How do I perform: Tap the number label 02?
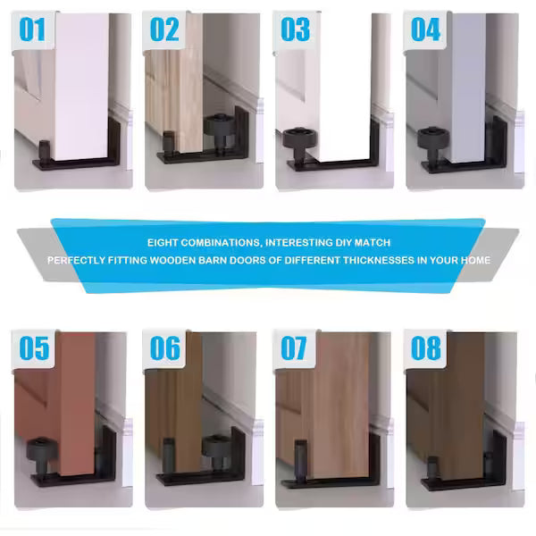coord(163,29)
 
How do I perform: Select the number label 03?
coord(294,29)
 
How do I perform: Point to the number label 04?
coord(425,29)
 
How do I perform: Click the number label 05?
coord(33,348)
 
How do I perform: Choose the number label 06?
coord(164,348)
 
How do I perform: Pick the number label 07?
coord(294,348)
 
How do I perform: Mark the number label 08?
coord(425,348)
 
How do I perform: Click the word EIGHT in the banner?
coord(165,243)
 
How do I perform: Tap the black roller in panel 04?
coord(428,137)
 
